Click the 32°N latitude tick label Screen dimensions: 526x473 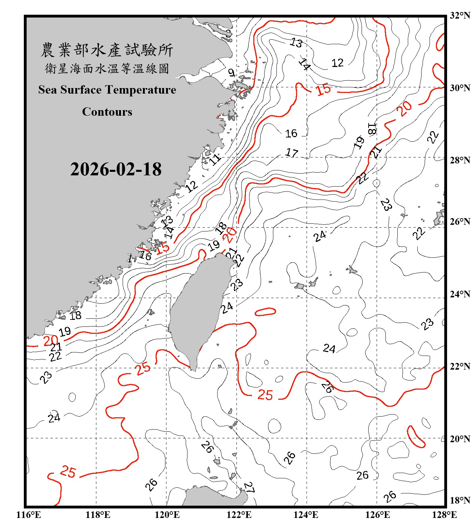click(460, 15)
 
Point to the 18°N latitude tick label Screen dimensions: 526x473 click(460, 500)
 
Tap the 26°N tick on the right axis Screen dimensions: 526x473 click(460, 222)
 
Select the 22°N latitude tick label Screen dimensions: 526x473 click(460, 366)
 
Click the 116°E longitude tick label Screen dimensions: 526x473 click(29, 515)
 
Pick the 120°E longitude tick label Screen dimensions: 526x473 click(167, 515)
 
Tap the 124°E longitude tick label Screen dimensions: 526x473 click(306, 515)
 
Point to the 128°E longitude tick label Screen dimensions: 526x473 click(444, 515)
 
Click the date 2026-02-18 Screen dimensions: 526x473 click(116, 169)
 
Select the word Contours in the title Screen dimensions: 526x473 click(107, 112)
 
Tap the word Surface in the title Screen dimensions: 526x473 click(81, 90)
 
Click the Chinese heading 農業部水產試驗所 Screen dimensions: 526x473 click(107, 50)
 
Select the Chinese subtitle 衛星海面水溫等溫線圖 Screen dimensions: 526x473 click(107, 68)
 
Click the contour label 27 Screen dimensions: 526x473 click(249, 487)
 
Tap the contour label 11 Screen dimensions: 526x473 click(215, 159)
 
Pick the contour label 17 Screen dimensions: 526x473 click(292, 153)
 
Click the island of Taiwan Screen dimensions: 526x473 click(198, 305)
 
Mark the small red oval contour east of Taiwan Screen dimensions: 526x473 click(265, 312)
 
